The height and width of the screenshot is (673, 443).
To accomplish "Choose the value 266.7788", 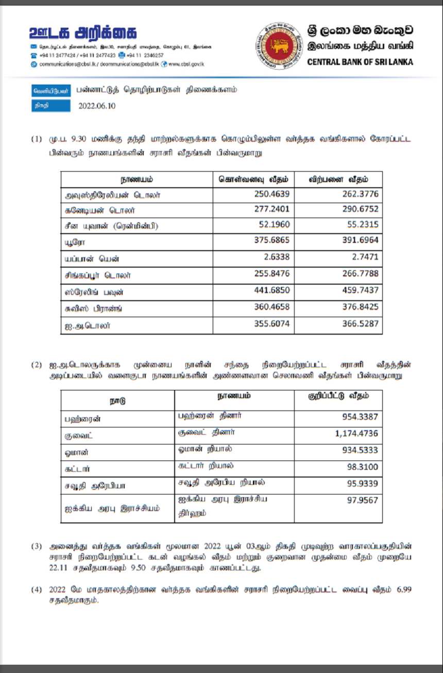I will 361,274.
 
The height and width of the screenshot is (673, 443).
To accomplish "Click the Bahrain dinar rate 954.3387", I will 360,417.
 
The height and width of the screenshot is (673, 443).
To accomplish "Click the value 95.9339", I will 363,484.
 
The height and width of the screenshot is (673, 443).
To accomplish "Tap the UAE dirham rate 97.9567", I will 363,500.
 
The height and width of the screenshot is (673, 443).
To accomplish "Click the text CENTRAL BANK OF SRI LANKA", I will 360,62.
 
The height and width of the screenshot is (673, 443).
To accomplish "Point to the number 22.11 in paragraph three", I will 59,569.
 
